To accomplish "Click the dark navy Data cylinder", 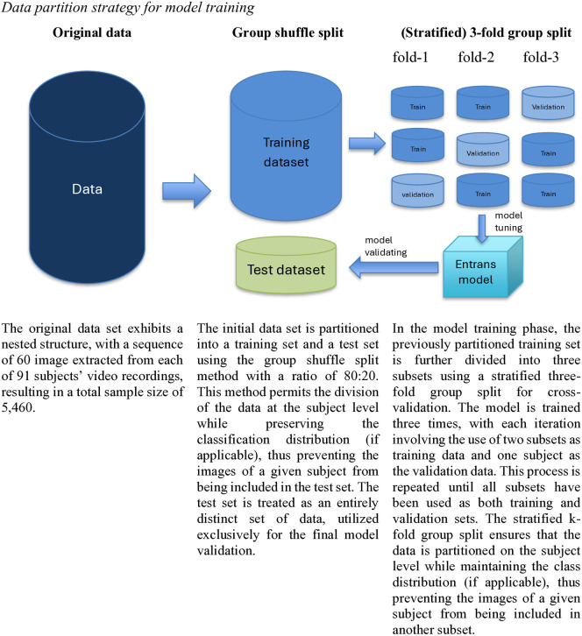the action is click(87, 177).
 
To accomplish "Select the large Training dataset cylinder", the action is click(286, 146).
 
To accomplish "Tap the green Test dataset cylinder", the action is click(286, 265).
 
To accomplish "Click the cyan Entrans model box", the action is click(482, 267).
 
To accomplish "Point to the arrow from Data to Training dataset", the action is click(187, 191).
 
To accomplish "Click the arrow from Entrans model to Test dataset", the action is click(394, 267).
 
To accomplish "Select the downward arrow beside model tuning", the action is click(482, 230).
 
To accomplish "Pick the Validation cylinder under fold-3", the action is click(548, 103).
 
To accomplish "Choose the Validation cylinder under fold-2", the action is click(483, 149).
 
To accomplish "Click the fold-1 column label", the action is click(410, 57).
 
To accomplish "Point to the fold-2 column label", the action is click(476, 57).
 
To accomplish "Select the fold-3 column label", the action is click(541, 57).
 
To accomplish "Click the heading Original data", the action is click(92, 32).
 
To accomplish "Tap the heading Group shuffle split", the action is click(287, 32).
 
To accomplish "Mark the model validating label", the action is click(386, 246).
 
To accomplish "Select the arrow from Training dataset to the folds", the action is click(367, 143).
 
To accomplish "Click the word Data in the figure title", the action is click(17, 7).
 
